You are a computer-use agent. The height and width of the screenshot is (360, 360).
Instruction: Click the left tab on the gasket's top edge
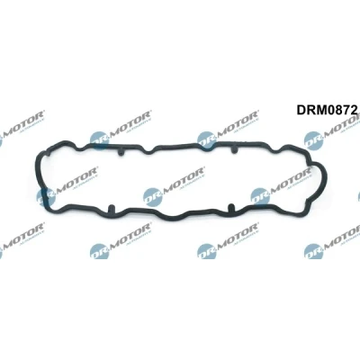coord(121,152)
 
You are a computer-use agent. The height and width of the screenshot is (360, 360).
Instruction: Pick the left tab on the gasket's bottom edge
coord(111,208)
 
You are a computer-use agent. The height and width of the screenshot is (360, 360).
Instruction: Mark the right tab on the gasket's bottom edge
coord(230,207)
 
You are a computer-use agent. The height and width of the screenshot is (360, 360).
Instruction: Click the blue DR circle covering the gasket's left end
coord(46,197)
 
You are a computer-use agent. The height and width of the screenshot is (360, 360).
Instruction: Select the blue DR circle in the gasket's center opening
coord(153,196)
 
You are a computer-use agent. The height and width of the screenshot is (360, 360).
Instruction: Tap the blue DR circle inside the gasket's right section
coord(260,196)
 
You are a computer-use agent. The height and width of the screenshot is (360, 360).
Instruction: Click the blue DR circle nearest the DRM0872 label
coord(313,140)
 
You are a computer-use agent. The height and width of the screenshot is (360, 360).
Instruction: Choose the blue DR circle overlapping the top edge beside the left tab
coord(99,140)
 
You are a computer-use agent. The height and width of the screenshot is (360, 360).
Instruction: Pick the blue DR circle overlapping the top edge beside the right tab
coord(207,140)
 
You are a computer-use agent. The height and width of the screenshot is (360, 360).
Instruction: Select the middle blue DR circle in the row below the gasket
coord(207,251)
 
